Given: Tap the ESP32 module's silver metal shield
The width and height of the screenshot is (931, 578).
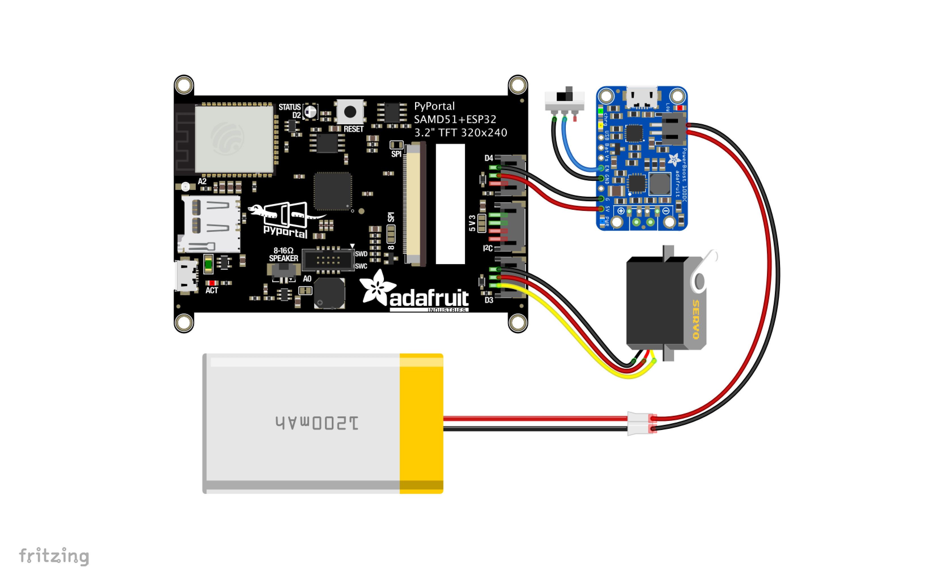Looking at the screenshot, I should pyautogui.click(x=234, y=139).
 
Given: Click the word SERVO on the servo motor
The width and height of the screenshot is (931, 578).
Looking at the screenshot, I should pyautogui.click(x=695, y=320).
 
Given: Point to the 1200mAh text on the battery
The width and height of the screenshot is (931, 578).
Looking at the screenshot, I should pyautogui.click(x=317, y=423).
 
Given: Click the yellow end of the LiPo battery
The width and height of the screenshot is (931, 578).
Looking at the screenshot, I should pyautogui.click(x=421, y=423).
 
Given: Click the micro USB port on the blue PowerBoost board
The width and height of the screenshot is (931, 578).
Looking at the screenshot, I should pyautogui.click(x=642, y=97).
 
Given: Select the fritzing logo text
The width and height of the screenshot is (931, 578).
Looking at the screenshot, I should pyautogui.click(x=54, y=556).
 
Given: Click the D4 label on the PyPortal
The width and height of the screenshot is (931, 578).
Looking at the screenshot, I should pyautogui.click(x=489, y=158).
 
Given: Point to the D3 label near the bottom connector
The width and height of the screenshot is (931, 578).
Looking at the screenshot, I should pyautogui.click(x=489, y=300).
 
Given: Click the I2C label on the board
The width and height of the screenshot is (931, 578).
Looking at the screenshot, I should pyautogui.click(x=488, y=249).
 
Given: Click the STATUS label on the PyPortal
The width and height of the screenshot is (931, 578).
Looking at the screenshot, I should pyautogui.click(x=289, y=107).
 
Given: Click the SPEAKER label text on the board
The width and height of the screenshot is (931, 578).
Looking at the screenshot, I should pyautogui.click(x=283, y=258).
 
